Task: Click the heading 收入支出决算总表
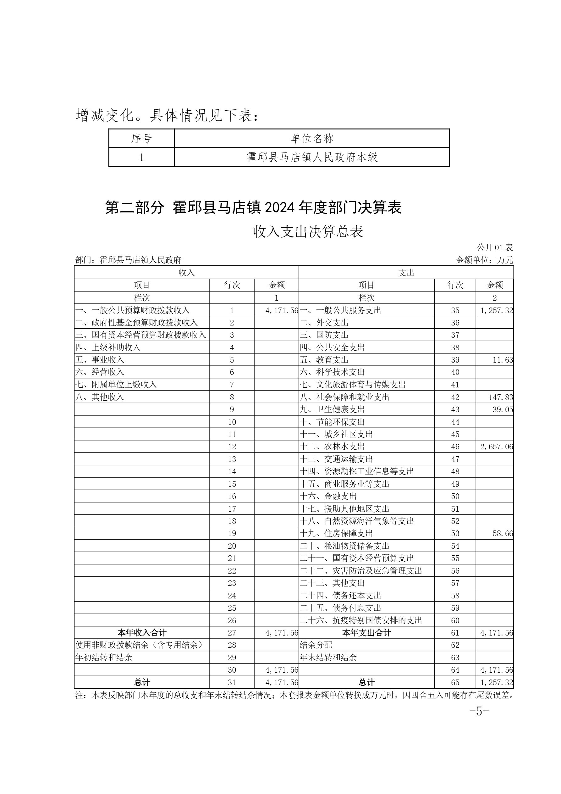click(x=308, y=232)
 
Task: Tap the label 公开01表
click(x=495, y=247)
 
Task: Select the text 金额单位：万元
click(x=485, y=260)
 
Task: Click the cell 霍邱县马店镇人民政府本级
click(x=312, y=157)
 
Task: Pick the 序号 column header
click(x=141, y=139)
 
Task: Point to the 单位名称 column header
click(x=312, y=139)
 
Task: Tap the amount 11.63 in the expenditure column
click(x=503, y=360)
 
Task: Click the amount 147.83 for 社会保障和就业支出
click(x=501, y=397)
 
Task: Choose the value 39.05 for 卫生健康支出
click(x=503, y=409)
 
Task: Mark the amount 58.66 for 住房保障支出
click(x=503, y=534)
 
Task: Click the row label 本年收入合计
click(x=142, y=633)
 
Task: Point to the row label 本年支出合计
click(x=366, y=633)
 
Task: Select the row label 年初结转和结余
click(x=104, y=658)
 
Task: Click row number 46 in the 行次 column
click(x=455, y=447)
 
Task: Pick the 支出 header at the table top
click(x=406, y=273)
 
